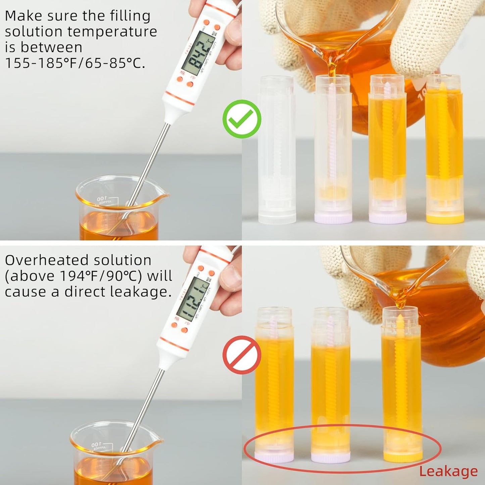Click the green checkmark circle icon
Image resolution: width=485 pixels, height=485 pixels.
(x=242, y=119)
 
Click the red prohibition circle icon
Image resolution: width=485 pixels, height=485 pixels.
(x=242, y=355)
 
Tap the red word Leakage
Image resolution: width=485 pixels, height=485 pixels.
(x=448, y=472)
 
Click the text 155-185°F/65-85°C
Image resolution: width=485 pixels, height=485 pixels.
(x=75, y=63)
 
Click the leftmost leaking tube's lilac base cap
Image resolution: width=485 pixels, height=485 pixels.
(x=274, y=456)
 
